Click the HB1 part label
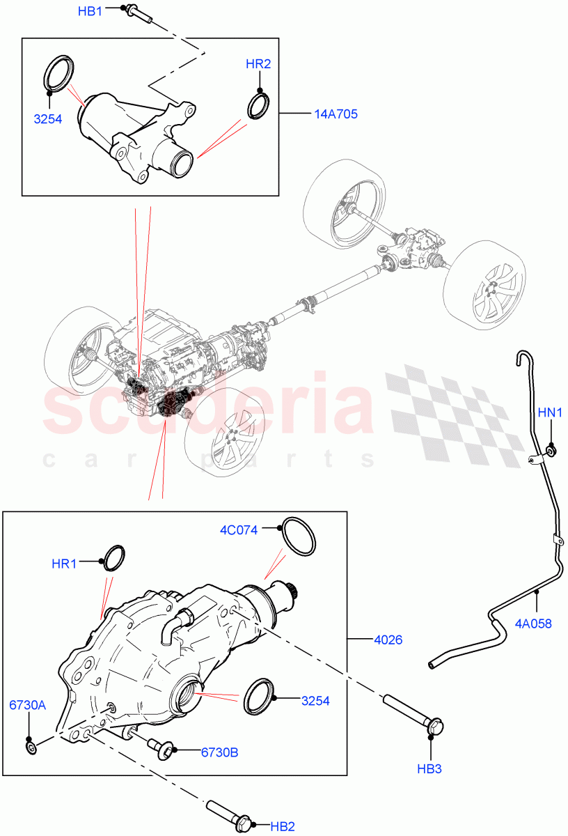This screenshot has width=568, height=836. (90, 11)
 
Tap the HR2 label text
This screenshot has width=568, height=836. (258, 64)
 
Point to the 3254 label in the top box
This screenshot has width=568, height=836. (48, 118)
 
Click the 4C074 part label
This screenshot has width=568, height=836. (239, 530)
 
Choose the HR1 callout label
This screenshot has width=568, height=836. (64, 564)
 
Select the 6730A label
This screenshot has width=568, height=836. (28, 705)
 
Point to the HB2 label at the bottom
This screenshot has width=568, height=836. (283, 826)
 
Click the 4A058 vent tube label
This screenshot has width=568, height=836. (535, 624)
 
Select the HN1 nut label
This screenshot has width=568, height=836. (552, 413)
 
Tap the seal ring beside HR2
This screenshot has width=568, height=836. (258, 106)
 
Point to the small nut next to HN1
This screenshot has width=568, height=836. (551, 451)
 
